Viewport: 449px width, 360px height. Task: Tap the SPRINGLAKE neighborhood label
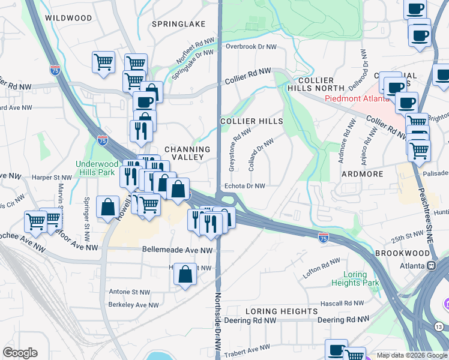pyautogui.click(x=178, y=24)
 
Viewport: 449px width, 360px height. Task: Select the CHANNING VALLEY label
pyautogui.click(x=187, y=153)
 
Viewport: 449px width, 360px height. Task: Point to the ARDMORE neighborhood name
pyautogui.click(x=362, y=174)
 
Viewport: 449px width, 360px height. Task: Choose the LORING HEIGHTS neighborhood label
pyautogui.click(x=282, y=311)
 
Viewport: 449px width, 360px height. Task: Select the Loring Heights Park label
pyautogui.click(x=355, y=279)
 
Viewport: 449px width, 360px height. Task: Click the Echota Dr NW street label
pyautogui.click(x=244, y=186)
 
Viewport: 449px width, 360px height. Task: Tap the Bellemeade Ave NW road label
pyautogui.click(x=177, y=250)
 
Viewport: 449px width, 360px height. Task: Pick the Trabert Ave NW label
pyautogui.click(x=247, y=349)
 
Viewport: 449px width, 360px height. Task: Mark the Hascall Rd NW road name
pyautogui.click(x=340, y=304)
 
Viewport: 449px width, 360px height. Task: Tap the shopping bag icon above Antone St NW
pyautogui.click(x=185, y=275)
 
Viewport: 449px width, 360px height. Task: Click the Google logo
pyautogui.click(x=20, y=353)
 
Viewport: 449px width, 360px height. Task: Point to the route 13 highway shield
pyautogui.click(x=439, y=326)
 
